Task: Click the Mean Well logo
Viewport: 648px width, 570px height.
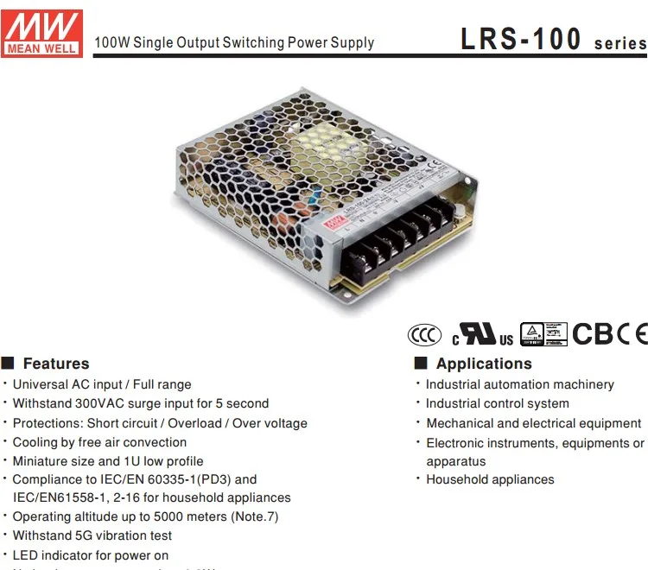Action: coord(42,32)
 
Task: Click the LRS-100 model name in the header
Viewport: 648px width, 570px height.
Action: coord(522,39)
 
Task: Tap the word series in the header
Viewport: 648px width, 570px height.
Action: coord(619,43)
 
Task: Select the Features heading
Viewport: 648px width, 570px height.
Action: coord(56,364)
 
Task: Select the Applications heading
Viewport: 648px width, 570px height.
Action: coord(484,364)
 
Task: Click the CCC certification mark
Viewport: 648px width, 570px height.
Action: coord(424,335)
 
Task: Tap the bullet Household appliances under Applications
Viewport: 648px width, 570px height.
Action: coord(490,479)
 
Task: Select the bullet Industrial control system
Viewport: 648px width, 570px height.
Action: coord(497,403)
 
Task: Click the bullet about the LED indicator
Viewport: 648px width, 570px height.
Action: coord(91,555)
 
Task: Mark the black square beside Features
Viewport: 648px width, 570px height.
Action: coord(9,364)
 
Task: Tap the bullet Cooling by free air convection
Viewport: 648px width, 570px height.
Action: coord(99,442)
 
